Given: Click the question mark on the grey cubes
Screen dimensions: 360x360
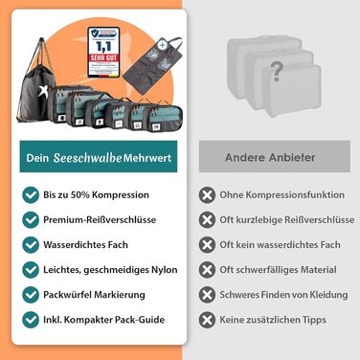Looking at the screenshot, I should (x=277, y=69).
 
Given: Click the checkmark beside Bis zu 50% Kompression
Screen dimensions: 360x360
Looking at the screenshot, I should (x=32, y=194).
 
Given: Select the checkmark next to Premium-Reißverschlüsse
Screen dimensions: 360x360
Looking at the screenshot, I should (x=32, y=219).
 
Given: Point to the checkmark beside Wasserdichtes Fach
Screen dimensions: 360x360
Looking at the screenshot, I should (x=32, y=244).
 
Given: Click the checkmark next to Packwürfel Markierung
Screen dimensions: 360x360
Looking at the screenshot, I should (x=32, y=294).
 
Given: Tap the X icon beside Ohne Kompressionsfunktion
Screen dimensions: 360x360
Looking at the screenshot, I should (x=206, y=194).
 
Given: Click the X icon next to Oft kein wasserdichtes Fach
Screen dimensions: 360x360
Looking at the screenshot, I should (x=206, y=244).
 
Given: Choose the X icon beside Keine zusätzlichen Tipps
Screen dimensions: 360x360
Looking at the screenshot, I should (x=206, y=319).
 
